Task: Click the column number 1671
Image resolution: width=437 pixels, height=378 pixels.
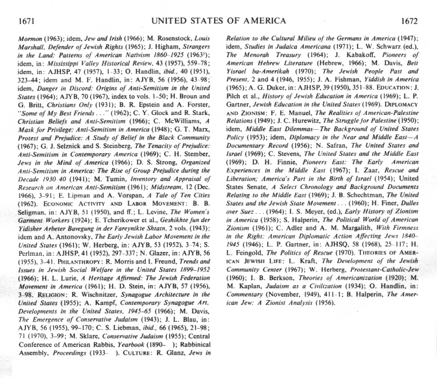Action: click(27, 22)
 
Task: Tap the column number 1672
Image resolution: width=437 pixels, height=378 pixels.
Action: click(409, 22)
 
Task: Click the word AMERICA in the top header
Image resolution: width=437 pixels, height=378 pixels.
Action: click(260, 22)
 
